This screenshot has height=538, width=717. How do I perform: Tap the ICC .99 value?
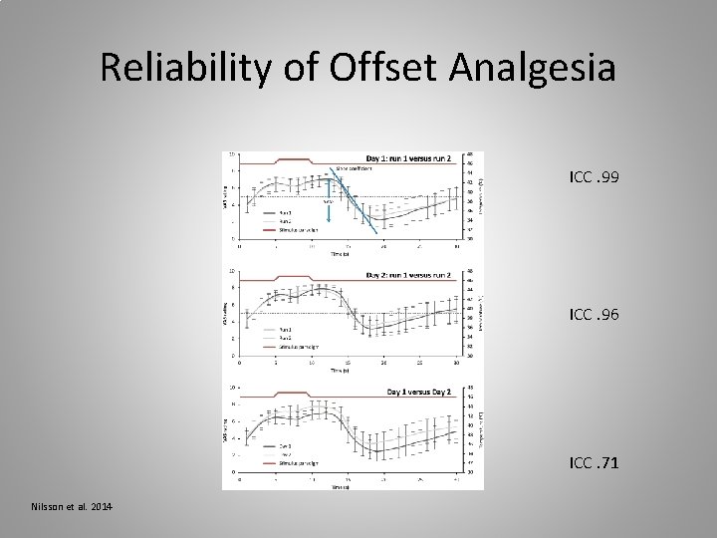[x=594, y=177]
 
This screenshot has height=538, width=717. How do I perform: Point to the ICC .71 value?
[x=594, y=462]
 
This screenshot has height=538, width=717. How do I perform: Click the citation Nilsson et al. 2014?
[x=70, y=509]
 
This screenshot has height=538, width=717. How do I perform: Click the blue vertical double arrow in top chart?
[x=329, y=213]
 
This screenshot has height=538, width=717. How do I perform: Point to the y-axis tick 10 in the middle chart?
[x=232, y=270]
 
